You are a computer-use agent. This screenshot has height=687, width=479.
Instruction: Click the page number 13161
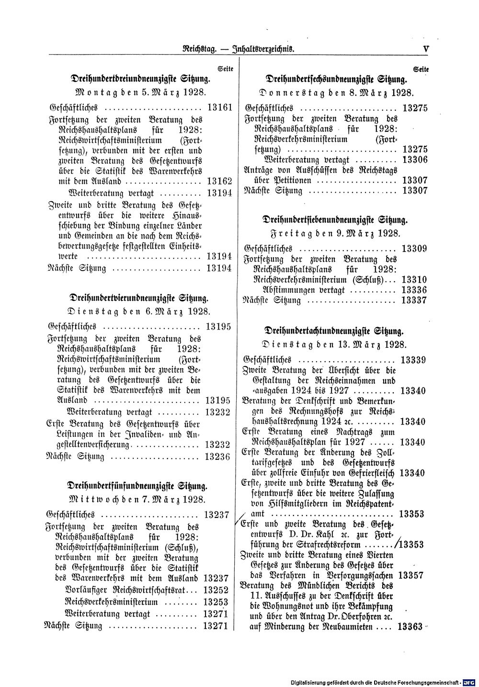tap(220, 108)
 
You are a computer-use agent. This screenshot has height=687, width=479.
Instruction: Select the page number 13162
tap(220, 182)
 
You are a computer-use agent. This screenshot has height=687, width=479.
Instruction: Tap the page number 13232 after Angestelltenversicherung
tap(217, 444)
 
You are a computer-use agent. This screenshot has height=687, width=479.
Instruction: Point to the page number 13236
tap(217, 456)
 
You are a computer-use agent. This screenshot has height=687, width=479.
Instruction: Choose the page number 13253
tap(215, 601)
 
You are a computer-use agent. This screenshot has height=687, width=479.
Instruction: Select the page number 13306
tap(415, 159)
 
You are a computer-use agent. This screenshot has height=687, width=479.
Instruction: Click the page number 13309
tap(415, 249)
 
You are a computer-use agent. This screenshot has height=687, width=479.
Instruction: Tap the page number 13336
tap(415, 290)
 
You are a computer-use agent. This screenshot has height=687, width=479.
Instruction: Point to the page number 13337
tap(415, 301)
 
